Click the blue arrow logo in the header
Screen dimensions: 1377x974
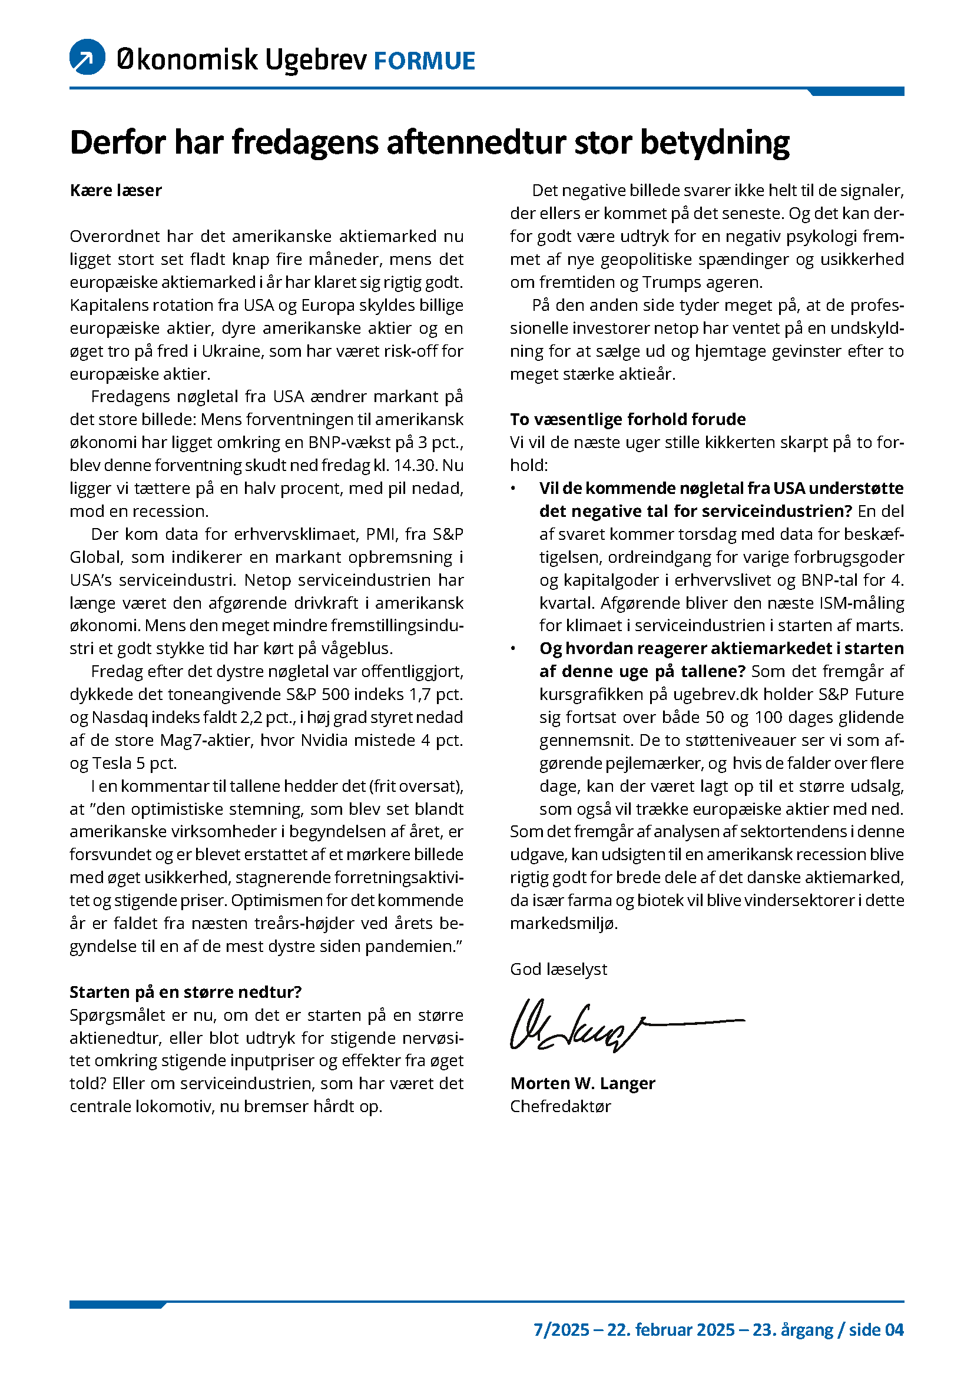coord(88,57)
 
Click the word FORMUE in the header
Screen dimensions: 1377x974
coord(424,61)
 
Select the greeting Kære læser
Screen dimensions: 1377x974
coord(116,191)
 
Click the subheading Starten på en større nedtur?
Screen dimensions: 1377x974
coord(185,992)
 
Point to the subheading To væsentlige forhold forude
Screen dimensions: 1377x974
coord(627,419)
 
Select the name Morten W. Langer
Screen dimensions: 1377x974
coord(582,1083)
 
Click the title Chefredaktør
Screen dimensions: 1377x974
coord(560,1107)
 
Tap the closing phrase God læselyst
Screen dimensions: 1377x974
coord(558,969)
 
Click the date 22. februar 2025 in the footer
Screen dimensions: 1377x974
coord(671,1330)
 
